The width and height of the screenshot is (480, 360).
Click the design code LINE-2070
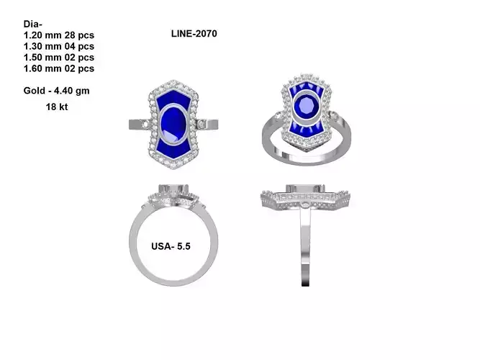(x=194, y=34)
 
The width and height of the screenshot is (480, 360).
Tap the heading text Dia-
(x=32, y=23)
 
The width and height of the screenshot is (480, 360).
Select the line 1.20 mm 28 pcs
(x=58, y=35)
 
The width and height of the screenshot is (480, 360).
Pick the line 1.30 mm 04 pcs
(x=58, y=46)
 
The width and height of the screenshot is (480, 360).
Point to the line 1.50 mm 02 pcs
(x=58, y=58)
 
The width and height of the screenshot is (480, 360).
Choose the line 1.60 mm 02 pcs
(x=58, y=69)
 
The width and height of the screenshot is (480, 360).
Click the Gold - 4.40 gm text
(x=56, y=91)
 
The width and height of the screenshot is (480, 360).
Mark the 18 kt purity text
(x=57, y=106)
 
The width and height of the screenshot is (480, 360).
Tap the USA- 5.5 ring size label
(x=171, y=246)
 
